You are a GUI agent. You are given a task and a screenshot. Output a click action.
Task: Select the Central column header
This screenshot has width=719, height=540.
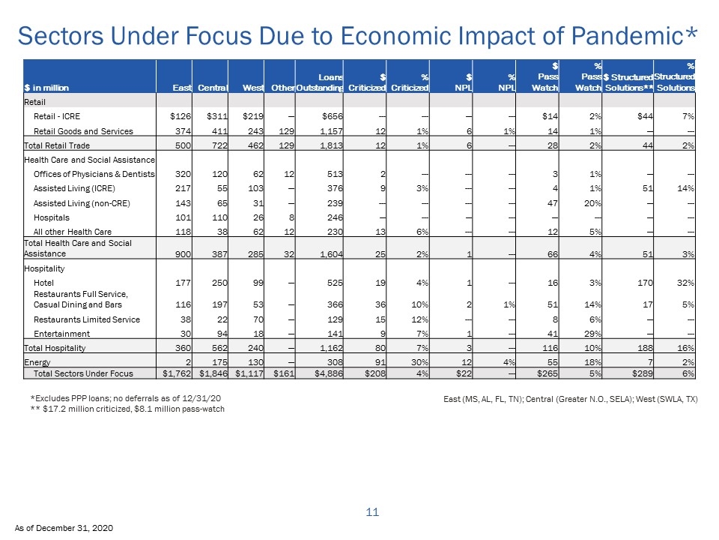tap(213, 88)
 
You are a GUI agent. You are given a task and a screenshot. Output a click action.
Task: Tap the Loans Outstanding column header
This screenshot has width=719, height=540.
tap(320, 82)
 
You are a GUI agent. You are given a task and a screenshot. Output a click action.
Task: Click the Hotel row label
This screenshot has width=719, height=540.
tap(43, 283)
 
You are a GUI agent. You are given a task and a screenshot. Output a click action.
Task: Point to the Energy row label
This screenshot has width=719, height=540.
tap(37, 362)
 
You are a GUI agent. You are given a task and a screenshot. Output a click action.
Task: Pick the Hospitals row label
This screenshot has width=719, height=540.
tap(52, 217)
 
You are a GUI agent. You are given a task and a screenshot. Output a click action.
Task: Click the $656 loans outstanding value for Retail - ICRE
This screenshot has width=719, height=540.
tap(333, 116)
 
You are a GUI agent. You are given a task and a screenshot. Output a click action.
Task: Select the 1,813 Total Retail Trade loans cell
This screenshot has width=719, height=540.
tap(332, 145)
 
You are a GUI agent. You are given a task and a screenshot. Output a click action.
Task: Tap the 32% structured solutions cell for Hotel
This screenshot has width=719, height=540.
tap(685, 283)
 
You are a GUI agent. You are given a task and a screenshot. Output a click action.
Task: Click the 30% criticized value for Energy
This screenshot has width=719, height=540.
tap(419, 362)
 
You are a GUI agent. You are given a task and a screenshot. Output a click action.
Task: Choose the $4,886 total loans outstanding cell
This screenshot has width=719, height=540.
tap(329, 373)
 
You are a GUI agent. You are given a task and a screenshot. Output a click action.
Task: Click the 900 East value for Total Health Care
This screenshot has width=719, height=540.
tap(183, 254)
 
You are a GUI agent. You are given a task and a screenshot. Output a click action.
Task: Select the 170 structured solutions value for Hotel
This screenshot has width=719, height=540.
tap(645, 283)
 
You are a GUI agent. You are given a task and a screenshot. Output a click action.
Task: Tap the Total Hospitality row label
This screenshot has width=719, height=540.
tap(55, 348)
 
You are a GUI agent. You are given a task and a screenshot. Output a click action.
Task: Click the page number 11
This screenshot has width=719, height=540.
tap(372, 512)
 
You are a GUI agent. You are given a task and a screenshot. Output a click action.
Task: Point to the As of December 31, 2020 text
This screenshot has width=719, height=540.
tap(64, 528)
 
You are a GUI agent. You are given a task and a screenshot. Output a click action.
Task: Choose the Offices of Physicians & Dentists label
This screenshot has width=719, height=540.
tap(94, 174)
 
